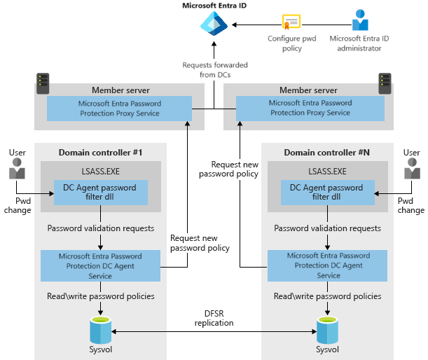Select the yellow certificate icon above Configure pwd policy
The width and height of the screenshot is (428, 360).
click(291, 23)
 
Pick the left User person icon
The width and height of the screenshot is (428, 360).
click(17, 169)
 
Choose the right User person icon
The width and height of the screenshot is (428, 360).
click(411, 169)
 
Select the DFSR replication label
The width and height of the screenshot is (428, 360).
click(214, 319)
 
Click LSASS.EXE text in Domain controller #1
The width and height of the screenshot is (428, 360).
click(101, 171)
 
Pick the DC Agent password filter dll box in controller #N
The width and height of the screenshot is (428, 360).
click(327, 193)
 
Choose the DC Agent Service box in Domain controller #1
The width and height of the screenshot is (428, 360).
click(102, 265)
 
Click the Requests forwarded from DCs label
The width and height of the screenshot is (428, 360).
click(214, 69)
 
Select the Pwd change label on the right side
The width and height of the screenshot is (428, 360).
click(411, 205)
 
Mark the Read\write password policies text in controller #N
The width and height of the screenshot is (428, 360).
click(328, 296)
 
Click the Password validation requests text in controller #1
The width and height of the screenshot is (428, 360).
click(101, 228)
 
